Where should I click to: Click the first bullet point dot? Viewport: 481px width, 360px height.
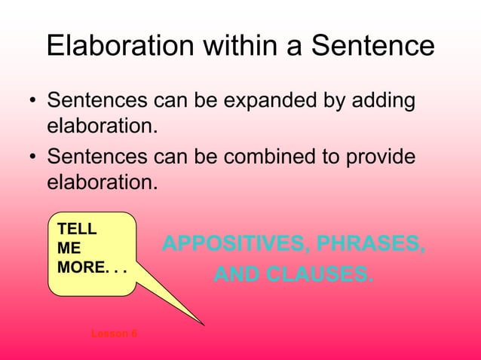tap(31, 102)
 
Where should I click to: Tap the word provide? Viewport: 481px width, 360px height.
tap(381, 157)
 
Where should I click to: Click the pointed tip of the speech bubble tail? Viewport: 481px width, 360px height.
tap(203, 324)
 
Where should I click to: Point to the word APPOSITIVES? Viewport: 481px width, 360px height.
tap(226, 244)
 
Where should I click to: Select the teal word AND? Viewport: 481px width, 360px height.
tap(233, 275)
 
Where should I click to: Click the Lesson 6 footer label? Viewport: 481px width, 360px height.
tap(114, 333)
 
